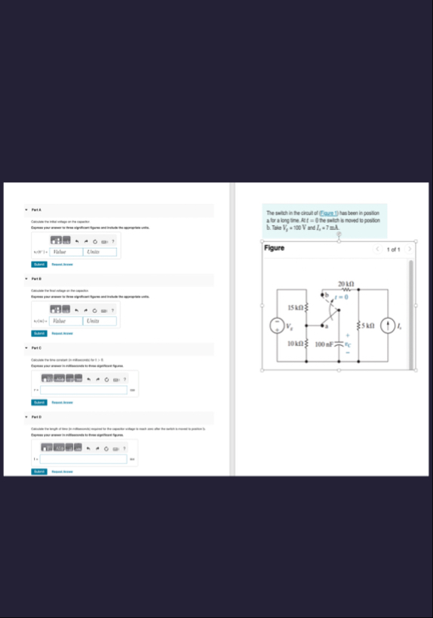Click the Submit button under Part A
pyautogui.click(x=38, y=265)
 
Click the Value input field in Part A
pyautogui.click(x=66, y=252)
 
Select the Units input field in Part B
pyautogui.click(x=100, y=321)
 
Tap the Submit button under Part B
pyautogui.click(x=38, y=333)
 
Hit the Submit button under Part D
pyautogui.click(x=38, y=471)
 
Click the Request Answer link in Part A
pyautogui.click(x=62, y=265)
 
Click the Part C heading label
pyautogui.click(x=35, y=347)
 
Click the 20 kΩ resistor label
pyautogui.click(x=347, y=282)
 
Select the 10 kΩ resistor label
pyautogui.click(x=295, y=344)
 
